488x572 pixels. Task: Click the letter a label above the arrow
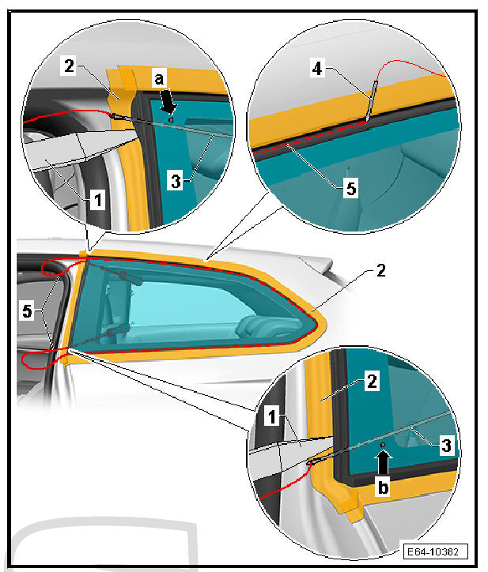(160, 78)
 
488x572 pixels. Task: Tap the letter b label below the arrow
(383, 487)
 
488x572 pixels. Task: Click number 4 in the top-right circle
(317, 68)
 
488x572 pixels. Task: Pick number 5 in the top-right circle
(351, 188)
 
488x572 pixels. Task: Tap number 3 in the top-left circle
(176, 181)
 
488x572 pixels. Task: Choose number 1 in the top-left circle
(97, 200)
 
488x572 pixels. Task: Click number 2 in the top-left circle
(69, 66)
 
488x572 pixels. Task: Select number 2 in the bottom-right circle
(372, 382)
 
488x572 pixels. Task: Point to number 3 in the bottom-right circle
(446, 445)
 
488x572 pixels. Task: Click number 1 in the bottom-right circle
(272, 416)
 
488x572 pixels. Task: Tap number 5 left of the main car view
(28, 311)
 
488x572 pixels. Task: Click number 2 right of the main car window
(381, 271)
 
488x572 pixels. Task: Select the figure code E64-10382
(433, 551)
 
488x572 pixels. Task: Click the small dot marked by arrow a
(171, 119)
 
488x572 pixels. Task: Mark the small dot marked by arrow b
(383, 445)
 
